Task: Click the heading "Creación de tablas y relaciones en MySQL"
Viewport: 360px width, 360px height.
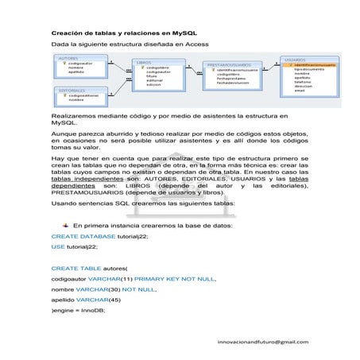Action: (112, 33)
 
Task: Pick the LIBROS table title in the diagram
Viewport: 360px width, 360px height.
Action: (144, 61)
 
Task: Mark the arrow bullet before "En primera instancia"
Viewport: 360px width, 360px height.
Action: (65, 225)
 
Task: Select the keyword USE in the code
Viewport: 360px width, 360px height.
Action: (58, 246)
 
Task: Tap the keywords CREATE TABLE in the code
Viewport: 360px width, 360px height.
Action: (73, 269)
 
